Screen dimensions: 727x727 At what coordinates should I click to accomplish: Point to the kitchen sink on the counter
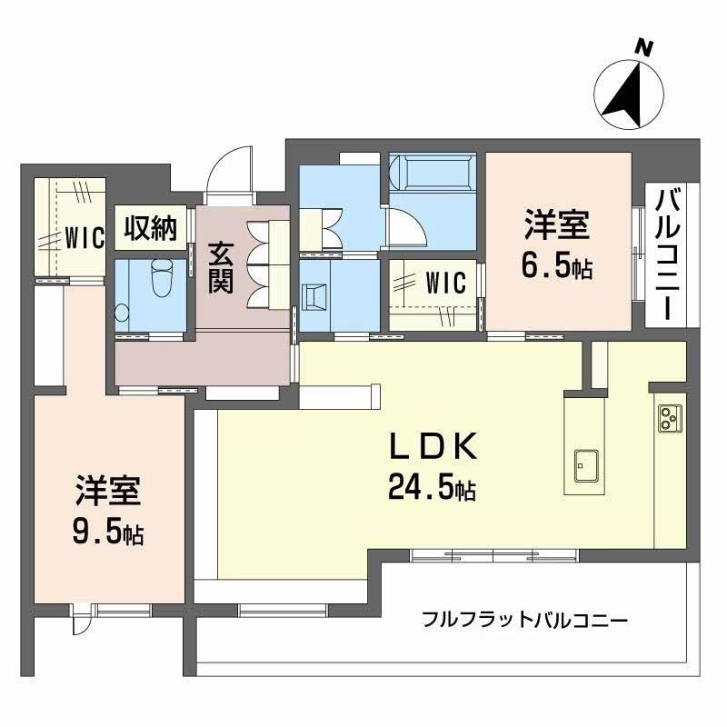pos(583,467)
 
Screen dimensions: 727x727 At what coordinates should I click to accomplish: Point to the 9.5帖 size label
pos(107,533)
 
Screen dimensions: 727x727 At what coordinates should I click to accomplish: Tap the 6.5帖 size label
pos(556,267)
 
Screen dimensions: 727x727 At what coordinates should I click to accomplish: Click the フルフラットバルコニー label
pos(524,622)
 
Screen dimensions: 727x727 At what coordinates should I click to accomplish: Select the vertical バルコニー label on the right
pos(668,254)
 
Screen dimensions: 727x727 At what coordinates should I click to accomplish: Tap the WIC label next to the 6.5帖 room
pos(445,283)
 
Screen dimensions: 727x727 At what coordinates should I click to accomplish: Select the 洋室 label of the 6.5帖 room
pos(556,225)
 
